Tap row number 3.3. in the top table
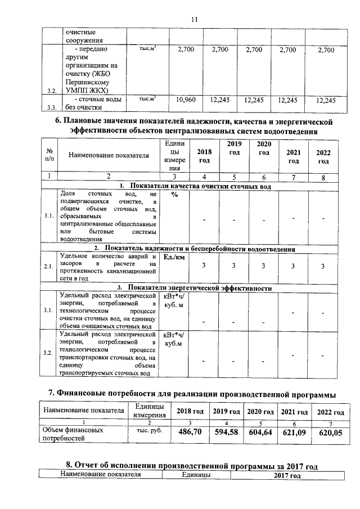(52, 107)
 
